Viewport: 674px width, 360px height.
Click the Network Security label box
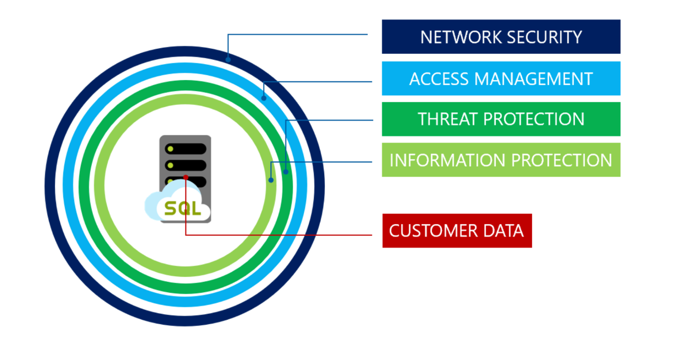[501, 37]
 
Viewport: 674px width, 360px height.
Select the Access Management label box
[501, 79]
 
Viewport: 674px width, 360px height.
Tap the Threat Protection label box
[501, 119]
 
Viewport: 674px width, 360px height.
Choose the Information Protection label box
[501, 160]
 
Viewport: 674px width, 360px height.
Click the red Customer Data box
[457, 231]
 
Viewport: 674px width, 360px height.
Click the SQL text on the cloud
[182, 208]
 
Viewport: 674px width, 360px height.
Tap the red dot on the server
[186, 178]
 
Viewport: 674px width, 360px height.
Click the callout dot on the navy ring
[228, 60]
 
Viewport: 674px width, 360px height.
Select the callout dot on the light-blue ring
[264, 98]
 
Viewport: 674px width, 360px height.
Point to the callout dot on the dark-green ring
[286, 172]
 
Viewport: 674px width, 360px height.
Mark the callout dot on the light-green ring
[271, 180]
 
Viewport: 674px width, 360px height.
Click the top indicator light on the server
[170, 149]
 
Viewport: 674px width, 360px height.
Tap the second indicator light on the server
[170, 165]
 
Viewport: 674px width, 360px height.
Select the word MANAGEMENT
[534, 79]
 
